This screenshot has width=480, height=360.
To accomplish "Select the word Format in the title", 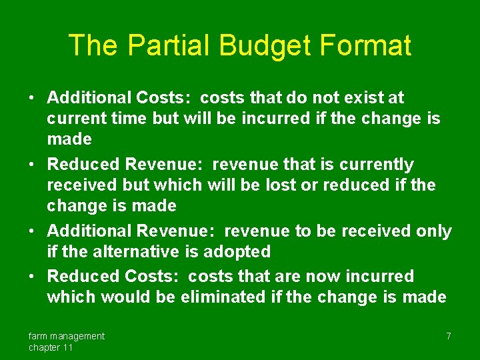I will pyautogui.click(x=365, y=45).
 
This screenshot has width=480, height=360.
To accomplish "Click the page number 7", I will pyautogui.click(x=449, y=336).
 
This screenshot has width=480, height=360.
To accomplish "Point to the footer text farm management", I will pyautogui.click(x=66, y=336).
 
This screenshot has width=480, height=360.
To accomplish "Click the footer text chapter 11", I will pyautogui.click(x=51, y=347).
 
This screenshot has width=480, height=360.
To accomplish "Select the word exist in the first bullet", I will pyautogui.click(x=363, y=98).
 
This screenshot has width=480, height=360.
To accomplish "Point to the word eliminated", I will pyautogui.click(x=223, y=297).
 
